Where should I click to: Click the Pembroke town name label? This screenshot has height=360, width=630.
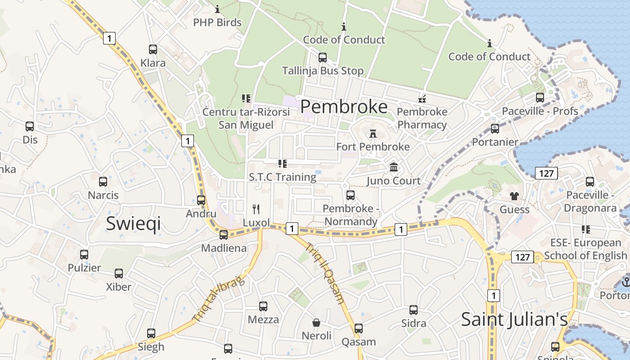[344, 107]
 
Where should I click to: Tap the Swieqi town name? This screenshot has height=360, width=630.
[133, 223]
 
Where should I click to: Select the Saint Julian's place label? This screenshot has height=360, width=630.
[514, 319]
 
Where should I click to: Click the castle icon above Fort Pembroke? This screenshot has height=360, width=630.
[373, 134]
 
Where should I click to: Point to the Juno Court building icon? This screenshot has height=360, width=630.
[394, 167]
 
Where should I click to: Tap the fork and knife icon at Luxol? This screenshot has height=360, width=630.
[256, 209]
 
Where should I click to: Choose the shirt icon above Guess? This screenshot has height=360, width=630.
[514, 196]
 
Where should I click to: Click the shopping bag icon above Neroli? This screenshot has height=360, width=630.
[316, 323]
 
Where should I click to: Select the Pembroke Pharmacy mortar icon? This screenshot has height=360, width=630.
[422, 99]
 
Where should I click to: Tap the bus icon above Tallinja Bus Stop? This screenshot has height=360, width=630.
[323, 58]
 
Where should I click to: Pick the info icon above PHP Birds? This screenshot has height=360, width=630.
[217, 9]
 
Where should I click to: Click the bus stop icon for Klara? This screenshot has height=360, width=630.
[153, 49]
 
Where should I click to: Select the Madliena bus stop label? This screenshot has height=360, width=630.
[224, 248]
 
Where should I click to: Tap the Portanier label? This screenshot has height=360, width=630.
[495, 142]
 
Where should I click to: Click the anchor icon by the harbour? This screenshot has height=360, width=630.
[625, 282]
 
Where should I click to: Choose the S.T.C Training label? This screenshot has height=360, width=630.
[283, 177]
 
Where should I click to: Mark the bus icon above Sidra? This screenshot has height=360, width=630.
[414, 310]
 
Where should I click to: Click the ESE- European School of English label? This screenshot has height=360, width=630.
[585, 249]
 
